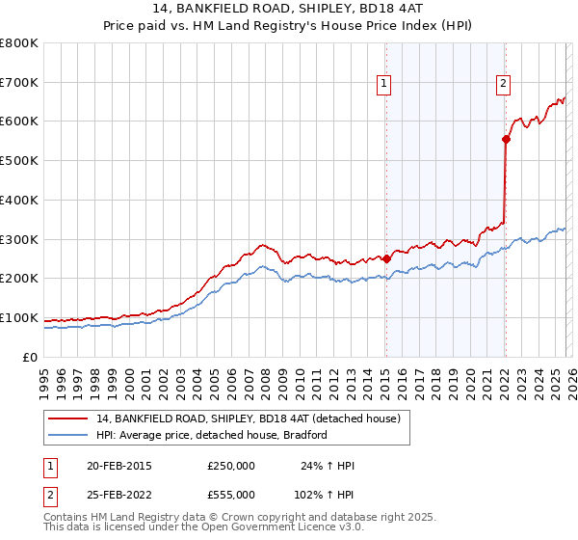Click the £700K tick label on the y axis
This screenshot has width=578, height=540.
pos(19,83)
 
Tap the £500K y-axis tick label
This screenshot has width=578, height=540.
pos(19,161)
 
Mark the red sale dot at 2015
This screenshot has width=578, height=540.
pos(386,258)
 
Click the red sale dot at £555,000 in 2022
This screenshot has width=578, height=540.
pos(506,139)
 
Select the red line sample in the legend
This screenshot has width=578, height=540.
pos(68,418)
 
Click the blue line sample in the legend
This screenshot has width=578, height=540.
pos(68,435)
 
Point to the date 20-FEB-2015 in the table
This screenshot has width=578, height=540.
pos(118,466)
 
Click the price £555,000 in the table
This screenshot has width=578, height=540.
pos(230,495)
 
